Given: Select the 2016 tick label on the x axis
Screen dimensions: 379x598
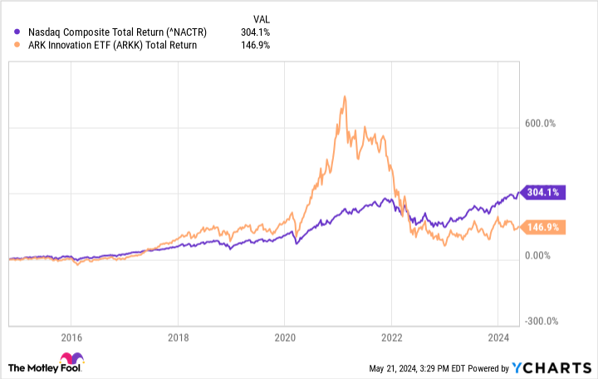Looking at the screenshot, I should coord(71,338).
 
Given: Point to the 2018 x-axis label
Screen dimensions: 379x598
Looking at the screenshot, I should coord(178,338).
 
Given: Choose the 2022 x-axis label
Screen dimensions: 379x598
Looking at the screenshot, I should coord(391,338).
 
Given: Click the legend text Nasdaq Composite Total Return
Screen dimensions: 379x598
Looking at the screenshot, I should coord(116,32).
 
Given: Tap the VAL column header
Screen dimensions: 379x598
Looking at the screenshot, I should coord(262,17).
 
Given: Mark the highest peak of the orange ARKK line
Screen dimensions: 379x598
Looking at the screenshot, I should coord(344,96).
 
